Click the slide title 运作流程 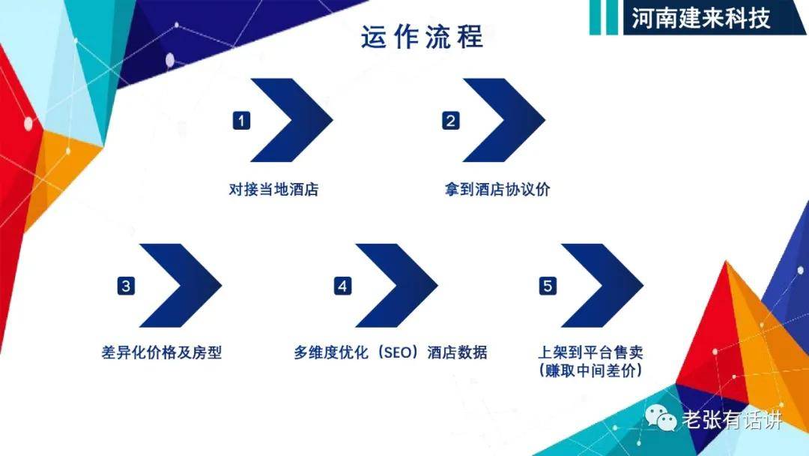coord(422,37)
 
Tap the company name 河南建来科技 coord(700,18)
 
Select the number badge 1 coord(241,121)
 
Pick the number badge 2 coord(450,121)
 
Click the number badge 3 coord(126,286)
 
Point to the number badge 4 coord(342,286)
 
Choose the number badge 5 coord(548,286)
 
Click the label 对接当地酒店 coord(273,190)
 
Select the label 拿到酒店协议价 coord(497,190)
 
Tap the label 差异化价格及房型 coord(161,352)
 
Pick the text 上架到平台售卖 coord(592,351)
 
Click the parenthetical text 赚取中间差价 coord(592,370)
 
